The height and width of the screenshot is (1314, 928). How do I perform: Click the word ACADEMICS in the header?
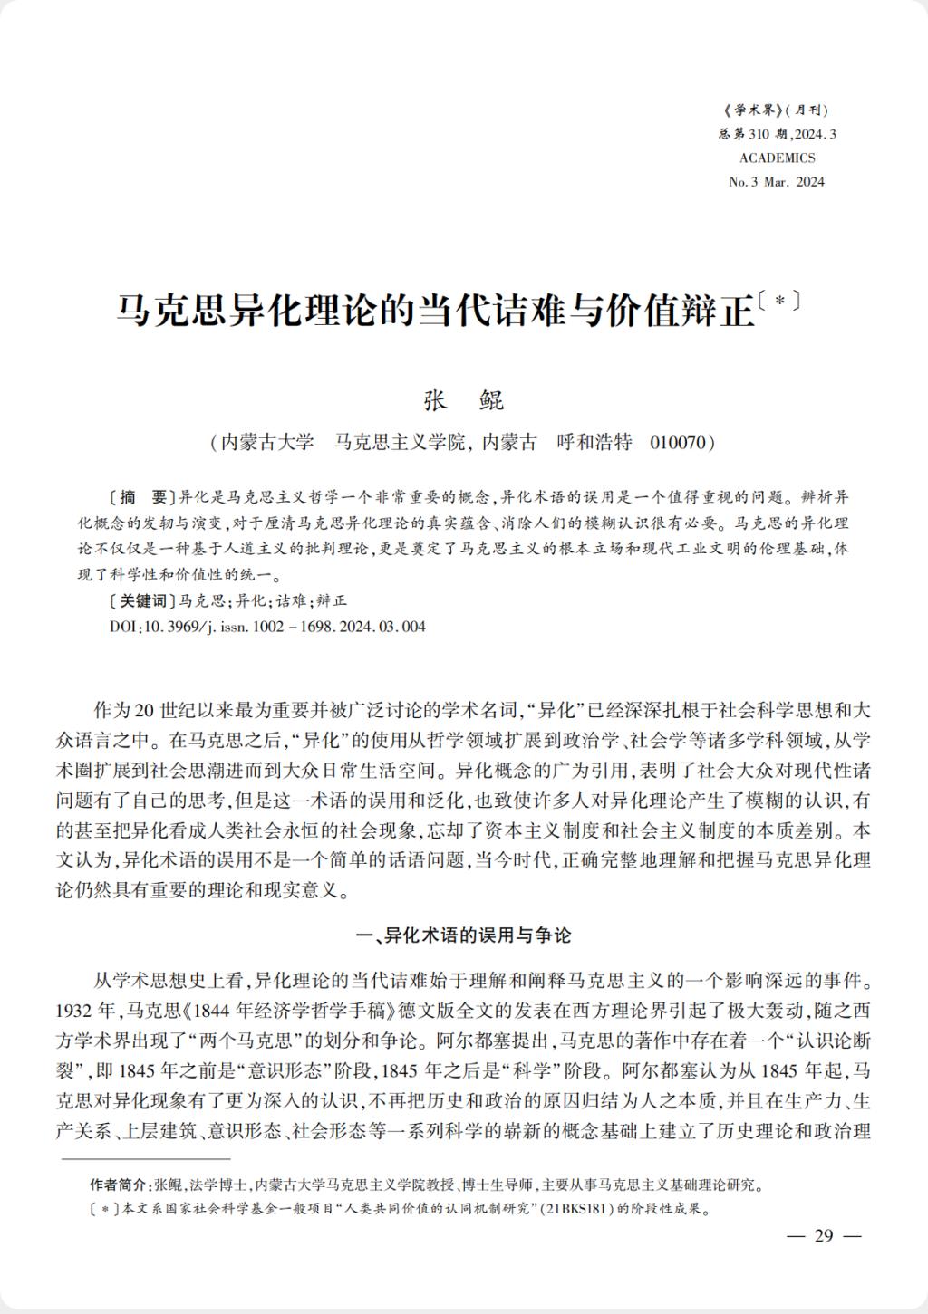pos(777,158)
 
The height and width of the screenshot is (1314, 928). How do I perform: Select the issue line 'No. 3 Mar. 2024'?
pos(777,181)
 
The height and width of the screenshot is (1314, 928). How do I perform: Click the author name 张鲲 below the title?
pos(463,400)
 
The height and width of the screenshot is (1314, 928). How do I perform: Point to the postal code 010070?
pos(679,442)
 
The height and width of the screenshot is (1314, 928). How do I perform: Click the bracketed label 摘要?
pos(140,497)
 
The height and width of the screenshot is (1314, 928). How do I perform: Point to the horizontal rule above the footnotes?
pos(145,1157)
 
